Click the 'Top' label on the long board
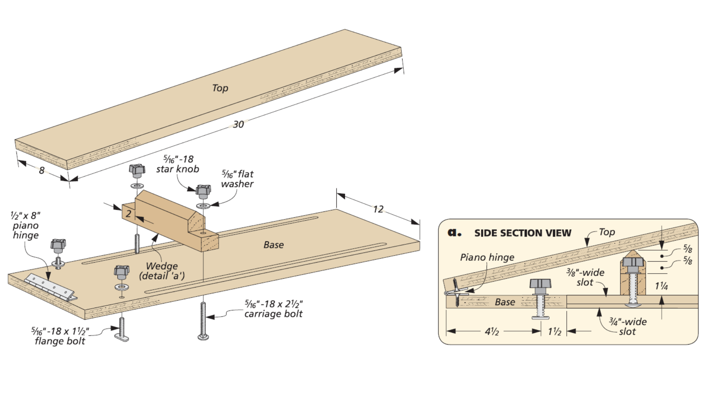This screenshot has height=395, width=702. point(220,88)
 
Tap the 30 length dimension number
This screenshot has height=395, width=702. point(238,124)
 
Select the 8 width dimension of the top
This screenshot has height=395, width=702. point(42,170)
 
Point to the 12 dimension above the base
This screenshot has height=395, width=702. point(378,209)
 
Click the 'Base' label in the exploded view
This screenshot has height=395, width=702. point(273,245)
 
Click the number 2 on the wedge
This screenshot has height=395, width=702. point(128,214)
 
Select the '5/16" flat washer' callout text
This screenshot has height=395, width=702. point(238,179)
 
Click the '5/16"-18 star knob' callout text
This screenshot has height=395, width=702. point(178,164)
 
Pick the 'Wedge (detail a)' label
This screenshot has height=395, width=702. point(162,271)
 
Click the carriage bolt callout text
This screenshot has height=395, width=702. point(273,309)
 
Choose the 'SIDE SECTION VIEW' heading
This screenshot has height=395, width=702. point(522,233)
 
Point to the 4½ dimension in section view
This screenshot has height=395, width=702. point(492,331)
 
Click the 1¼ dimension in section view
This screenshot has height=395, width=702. point(661,286)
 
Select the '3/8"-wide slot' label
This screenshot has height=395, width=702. point(585,277)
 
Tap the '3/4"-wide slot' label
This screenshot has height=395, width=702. point(627,327)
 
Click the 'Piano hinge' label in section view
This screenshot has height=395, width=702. point(487,257)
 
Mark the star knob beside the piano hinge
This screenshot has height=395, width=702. point(58,245)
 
